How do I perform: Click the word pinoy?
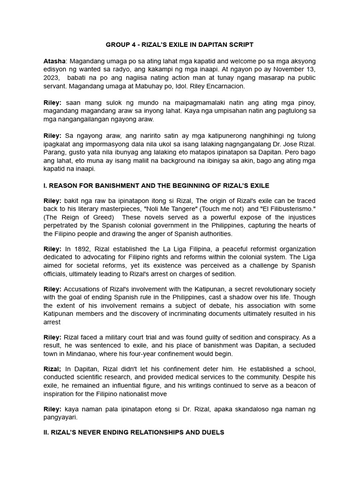pos(306,102)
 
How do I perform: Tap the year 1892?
pos(82,249)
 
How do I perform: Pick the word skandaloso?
pos(245,409)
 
